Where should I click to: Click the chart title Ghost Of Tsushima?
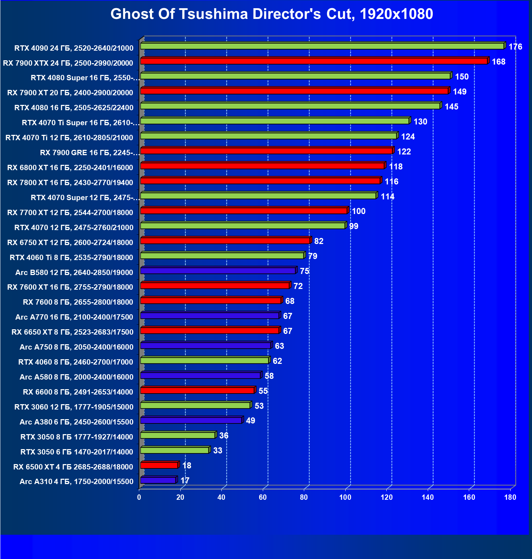coord(272,14)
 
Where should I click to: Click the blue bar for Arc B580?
coord(218,271)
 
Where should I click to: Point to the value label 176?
coord(515,47)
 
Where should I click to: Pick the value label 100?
coord(358,211)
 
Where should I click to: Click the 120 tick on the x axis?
coord(386,497)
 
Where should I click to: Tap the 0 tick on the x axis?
coord(139,497)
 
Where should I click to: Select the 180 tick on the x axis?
coord(510,497)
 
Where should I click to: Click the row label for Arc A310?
coord(76,482)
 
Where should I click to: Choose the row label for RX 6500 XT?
coord(73,467)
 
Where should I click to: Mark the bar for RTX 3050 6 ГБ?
coord(175,450)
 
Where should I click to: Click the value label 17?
coord(185,481)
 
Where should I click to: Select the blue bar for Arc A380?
coord(191,420)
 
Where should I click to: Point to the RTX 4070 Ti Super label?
coord(81,123)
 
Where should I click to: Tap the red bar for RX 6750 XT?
coord(225,241)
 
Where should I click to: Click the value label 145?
coord(451,107)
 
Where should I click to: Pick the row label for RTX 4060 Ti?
coord(71,258)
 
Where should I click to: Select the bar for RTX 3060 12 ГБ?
coord(195,405)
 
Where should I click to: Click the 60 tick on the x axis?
coord(263,497)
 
